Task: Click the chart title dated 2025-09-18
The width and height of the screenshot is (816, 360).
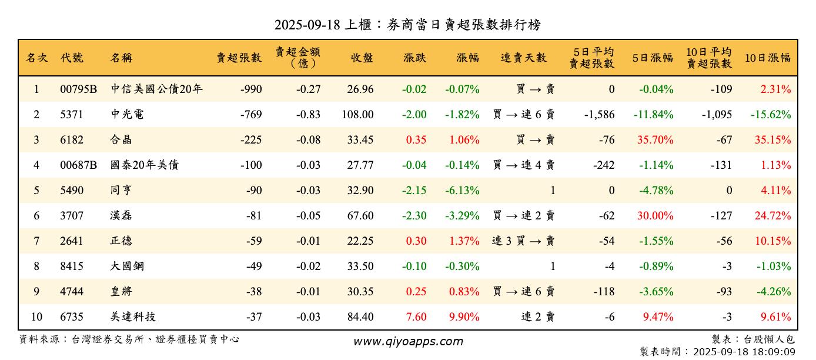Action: click(407, 25)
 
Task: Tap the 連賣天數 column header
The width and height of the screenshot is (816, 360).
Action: click(523, 58)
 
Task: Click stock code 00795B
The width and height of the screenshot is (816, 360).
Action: click(78, 89)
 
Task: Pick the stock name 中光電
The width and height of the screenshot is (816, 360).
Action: click(127, 115)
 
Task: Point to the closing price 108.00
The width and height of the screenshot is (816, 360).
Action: click(357, 115)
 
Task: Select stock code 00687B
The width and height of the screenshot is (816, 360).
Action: click(78, 165)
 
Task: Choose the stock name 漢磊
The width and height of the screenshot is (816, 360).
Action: click(121, 216)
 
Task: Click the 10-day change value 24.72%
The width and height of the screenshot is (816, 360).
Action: click(772, 216)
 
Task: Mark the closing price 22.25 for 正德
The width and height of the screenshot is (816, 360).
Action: click(360, 241)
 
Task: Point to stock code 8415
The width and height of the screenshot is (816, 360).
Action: click(72, 266)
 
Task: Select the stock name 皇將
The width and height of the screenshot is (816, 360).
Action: click(121, 292)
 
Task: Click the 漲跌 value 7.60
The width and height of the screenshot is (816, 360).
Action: click(416, 317)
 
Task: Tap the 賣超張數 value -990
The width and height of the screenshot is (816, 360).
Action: click(251, 89)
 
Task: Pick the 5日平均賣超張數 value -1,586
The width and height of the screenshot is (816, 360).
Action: click(599, 115)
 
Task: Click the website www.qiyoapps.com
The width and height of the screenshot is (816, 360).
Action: click(408, 341)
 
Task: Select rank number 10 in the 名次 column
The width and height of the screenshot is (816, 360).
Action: click(36, 317)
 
